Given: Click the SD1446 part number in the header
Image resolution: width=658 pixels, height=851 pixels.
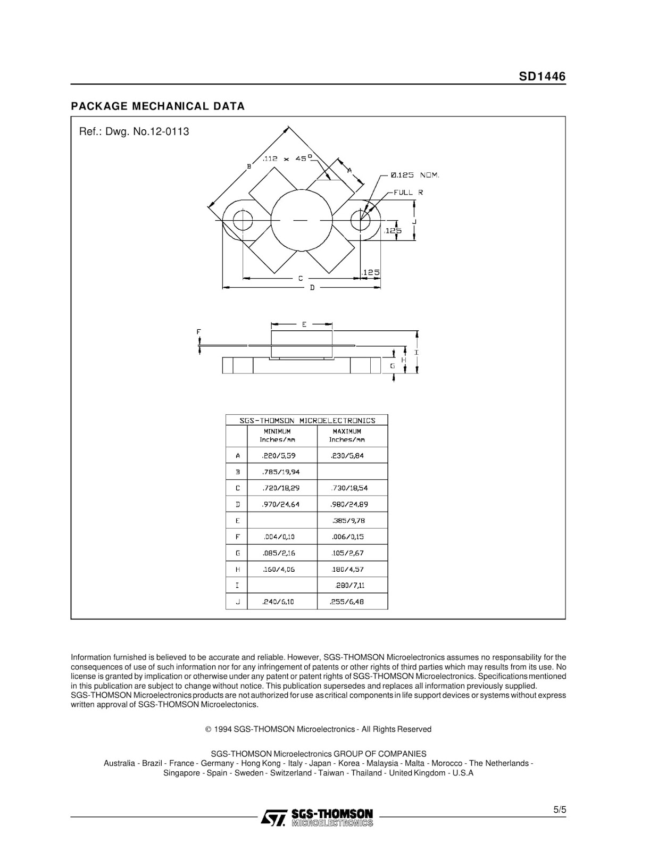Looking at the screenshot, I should (542, 77).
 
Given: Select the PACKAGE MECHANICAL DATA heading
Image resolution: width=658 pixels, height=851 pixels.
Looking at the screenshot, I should (158, 106).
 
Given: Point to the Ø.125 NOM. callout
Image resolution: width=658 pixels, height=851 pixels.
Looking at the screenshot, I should (415, 175).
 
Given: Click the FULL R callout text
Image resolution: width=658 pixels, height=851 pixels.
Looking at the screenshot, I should (408, 192).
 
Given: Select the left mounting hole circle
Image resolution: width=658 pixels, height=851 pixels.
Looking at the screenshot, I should (242, 220).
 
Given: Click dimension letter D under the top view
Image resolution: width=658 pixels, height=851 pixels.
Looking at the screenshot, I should (312, 287).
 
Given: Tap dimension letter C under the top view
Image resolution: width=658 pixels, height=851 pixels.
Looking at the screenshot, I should (301, 278).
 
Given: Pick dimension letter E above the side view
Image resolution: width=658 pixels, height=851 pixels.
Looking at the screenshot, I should (304, 324).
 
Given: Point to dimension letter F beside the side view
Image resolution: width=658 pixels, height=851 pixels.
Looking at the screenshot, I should (199, 332).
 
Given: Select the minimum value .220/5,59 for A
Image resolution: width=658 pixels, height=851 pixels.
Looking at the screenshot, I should (278, 455).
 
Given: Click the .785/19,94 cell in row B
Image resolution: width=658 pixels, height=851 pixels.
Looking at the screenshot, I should (280, 472).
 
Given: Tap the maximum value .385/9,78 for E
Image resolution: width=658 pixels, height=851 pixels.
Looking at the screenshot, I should (349, 521).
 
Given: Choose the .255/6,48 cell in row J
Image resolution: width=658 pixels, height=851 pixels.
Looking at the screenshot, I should (347, 602).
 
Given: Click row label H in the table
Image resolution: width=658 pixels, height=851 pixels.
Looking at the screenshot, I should (237, 569).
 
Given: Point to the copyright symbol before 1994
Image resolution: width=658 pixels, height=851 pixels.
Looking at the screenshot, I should (209, 729).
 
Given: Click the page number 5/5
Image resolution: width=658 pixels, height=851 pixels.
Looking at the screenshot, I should (560, 810).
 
